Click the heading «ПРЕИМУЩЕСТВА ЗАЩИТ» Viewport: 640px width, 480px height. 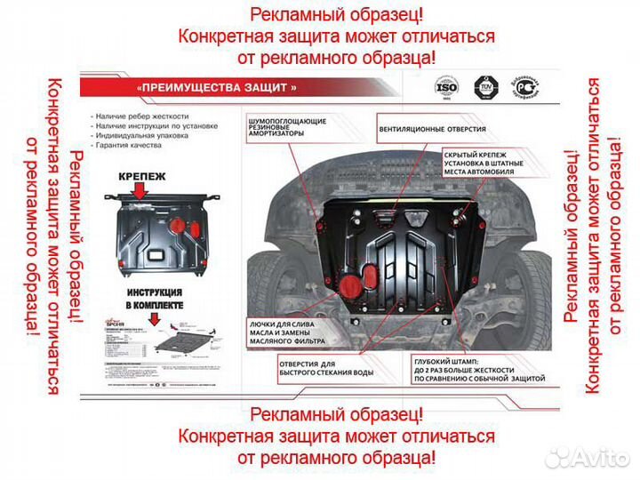(x=217, y=87)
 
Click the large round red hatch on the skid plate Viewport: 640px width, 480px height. (x=350, y=284)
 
